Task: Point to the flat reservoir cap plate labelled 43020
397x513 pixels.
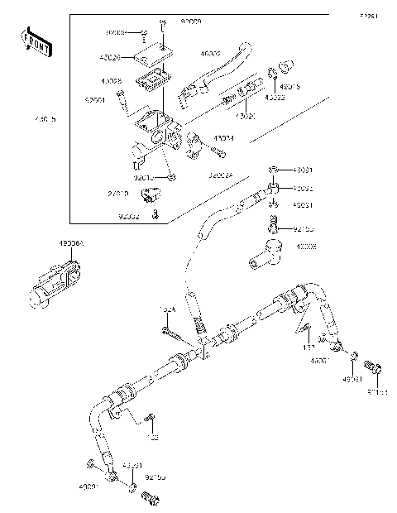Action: click(x=152, y=55)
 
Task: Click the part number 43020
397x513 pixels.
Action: click(x=111, y=59)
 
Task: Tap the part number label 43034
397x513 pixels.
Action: click(x=224, y=139)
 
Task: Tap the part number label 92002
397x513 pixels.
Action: click(x=128, y=217)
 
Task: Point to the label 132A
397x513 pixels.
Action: click(x=167, y=310)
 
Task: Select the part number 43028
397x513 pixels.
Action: click(x=112, y=82)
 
